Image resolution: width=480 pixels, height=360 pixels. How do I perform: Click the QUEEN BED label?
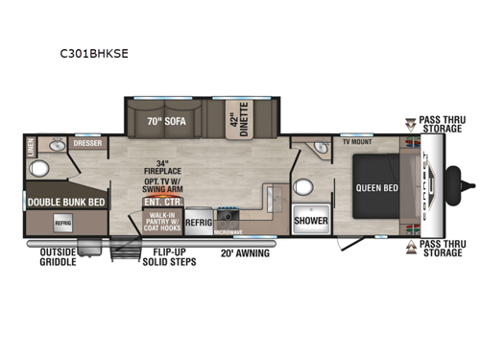coord(375,189)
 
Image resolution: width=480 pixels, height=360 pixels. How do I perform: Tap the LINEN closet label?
coord(31,147)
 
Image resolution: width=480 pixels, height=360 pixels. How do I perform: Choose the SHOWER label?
coord(311,219)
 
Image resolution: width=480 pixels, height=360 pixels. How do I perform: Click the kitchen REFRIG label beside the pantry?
coord(199,220)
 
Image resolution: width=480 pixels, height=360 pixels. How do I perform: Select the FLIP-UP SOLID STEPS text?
coord(169,258)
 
